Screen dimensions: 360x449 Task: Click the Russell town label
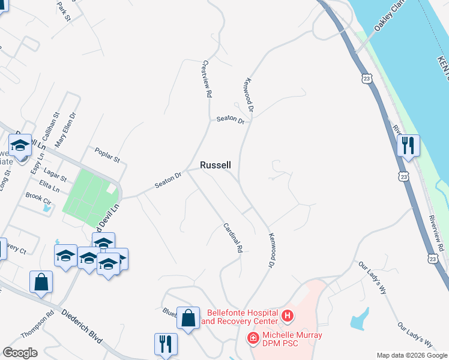coord(215,165)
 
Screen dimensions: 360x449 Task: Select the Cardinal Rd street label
coord(232,237)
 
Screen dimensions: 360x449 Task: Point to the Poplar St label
coord(108,156)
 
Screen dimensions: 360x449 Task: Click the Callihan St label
coord(52,123)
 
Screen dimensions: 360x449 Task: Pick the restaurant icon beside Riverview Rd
coord(408,145)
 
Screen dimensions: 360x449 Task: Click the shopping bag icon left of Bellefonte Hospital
coord(188,318)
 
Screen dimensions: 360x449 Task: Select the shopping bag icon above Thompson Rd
coord(41,281)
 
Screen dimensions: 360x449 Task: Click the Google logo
coord(20,353)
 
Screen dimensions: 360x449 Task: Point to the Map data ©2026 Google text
coord(411,355)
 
